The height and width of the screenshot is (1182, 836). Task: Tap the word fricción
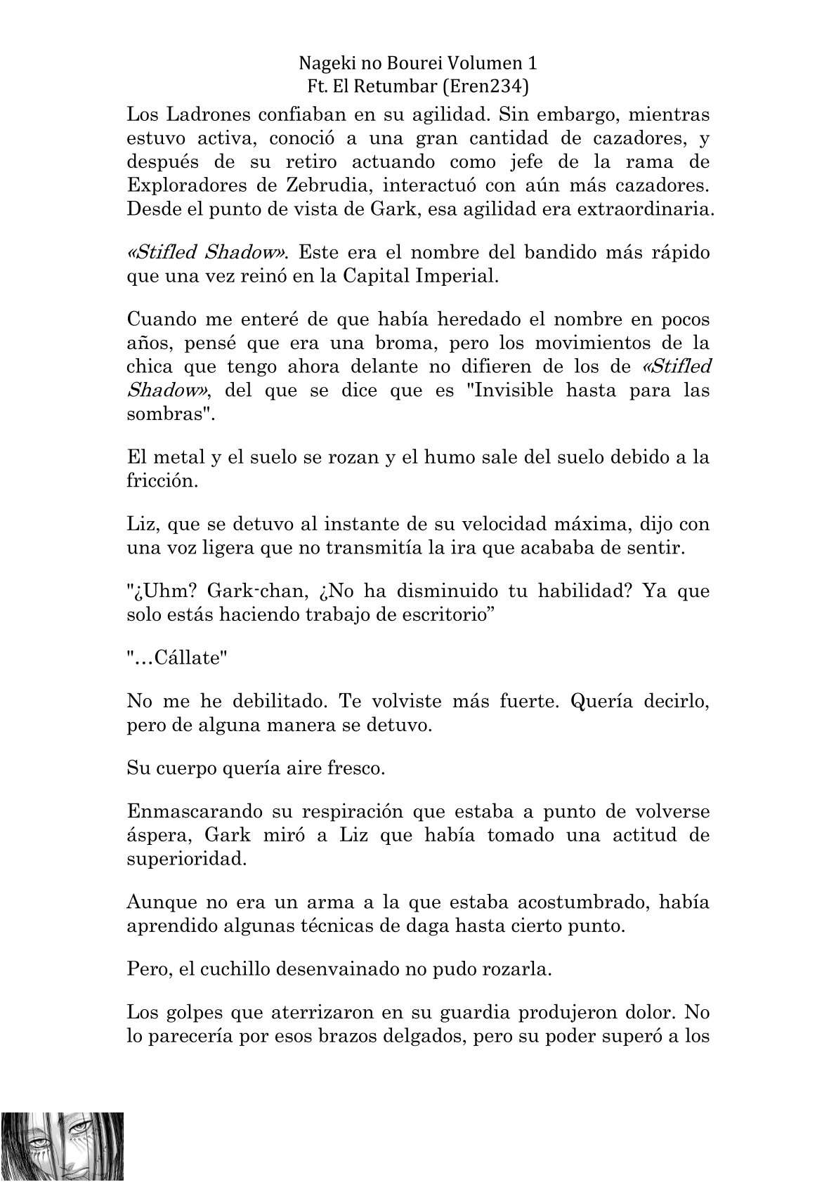pos(160,481)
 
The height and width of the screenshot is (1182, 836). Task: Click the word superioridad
pos(187,859)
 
